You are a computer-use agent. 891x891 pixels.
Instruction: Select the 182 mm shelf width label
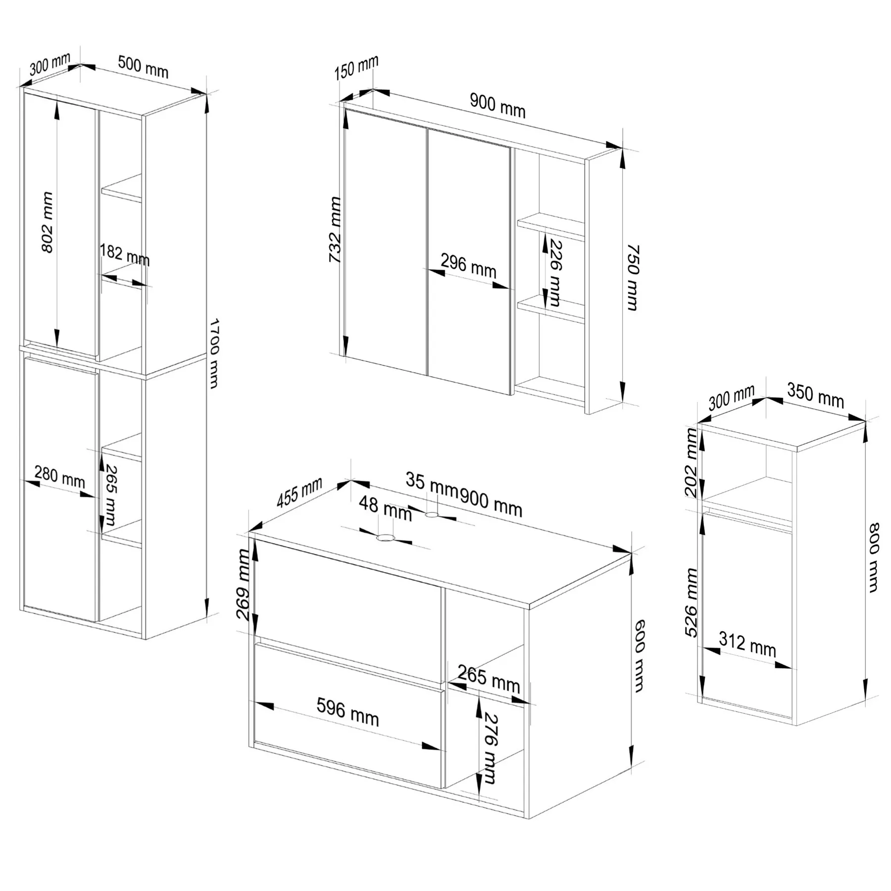pos(125,255)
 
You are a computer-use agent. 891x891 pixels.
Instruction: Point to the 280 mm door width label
pos(59,477)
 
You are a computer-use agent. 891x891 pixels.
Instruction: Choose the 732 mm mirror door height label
pos(335,230)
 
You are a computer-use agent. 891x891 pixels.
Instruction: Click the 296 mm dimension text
pos(468,266)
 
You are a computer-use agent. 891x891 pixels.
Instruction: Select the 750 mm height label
pos(633,277)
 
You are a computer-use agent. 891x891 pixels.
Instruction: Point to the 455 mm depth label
pos(299,492)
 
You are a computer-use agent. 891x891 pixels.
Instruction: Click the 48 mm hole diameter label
pos(385,509)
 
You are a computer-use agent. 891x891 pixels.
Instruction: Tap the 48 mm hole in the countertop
pos(385,538)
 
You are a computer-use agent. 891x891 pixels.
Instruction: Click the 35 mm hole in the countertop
pos(432,515)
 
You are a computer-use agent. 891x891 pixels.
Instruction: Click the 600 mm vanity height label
pos(639,655)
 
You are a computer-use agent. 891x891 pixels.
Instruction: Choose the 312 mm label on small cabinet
pos(747,645)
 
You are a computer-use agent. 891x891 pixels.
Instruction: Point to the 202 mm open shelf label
pos(692,463)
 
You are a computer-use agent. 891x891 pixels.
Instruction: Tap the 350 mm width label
pos(815,396)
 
